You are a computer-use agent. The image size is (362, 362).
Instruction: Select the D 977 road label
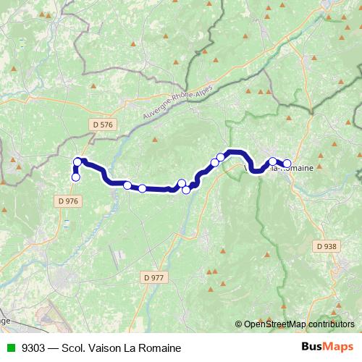point(155,277)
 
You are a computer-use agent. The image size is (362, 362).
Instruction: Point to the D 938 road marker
point(326,246)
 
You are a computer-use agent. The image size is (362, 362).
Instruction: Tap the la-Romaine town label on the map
point(294,168)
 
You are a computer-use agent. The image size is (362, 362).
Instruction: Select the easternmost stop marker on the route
point(287,164)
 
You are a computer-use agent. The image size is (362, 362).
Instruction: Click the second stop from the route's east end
point(273,162)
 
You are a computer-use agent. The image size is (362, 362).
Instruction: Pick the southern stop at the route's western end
point(75,177)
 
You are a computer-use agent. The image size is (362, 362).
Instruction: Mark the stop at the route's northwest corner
point(77,161)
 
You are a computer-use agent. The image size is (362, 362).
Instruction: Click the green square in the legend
point(9,348)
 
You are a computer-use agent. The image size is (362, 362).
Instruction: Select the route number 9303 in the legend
point(32,348)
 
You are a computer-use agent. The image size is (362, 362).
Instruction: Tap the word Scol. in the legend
point(77,348)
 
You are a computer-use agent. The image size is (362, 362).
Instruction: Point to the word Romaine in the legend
point(161,348)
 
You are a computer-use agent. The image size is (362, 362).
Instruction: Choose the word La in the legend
point(132,348)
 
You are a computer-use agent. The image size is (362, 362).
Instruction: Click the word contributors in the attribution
point(332,324)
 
